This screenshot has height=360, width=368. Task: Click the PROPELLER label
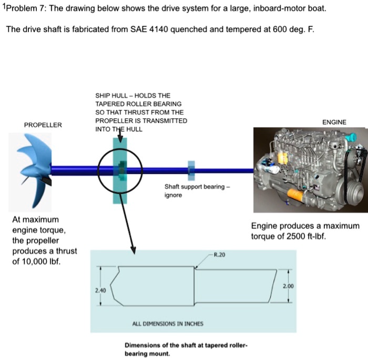click(43, 125)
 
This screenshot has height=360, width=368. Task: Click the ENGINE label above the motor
click(334, 122)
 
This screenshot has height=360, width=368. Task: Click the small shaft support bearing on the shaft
click(191, 169)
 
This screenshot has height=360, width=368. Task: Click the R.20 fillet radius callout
click(219, 254)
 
